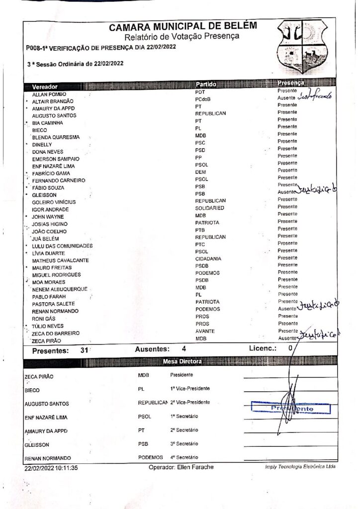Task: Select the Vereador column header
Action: tap(45, 86)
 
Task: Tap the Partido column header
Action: tap(206, 84)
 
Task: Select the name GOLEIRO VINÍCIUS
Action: tap(54, 202)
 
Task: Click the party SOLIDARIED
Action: tap(209, 208)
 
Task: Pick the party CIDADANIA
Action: tap(208, 258)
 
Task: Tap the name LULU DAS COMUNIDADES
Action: tap(62, 246)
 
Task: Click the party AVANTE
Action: tap(205, 331)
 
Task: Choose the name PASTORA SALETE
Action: tap(53, 304)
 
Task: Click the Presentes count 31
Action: tap(84, 350)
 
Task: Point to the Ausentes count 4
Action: tap(183, 349)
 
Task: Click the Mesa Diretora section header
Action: tap(182, 361)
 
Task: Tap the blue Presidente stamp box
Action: tap(291, 408)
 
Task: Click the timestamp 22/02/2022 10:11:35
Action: tap(51, 468)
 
